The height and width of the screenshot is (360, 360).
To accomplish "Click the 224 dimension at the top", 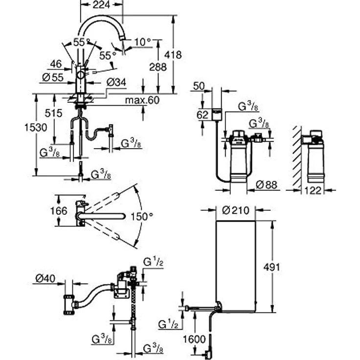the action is [x=101, y=4].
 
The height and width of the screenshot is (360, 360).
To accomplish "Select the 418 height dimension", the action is [x=173, y=55].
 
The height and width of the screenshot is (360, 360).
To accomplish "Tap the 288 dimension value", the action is [x=157, y=67].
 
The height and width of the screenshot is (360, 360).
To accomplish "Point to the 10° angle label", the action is [x=142, y=42].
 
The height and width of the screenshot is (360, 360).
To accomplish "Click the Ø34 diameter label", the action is [x=116, y=82].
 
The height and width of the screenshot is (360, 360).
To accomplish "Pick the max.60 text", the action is [x=142, y=100].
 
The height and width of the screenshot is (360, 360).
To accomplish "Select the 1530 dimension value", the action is [x=36, y=128].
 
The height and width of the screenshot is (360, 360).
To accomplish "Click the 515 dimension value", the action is [x=53, y=113].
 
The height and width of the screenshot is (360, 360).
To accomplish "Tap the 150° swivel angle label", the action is [x=142, y=216].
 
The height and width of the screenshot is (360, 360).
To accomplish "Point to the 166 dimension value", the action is [x=59, y=211].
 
